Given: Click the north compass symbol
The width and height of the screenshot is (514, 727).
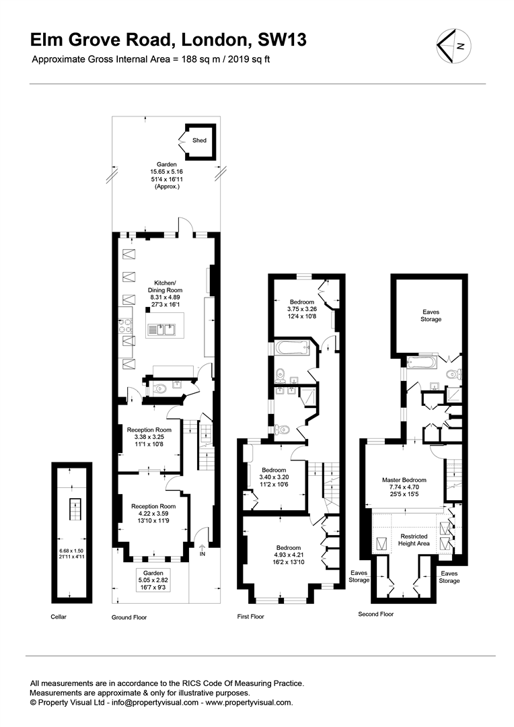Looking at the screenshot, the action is (454, 46).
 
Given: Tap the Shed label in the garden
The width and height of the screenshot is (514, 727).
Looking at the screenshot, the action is (199, 140).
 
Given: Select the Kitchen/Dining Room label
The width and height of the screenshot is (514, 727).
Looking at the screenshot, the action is (165, 287).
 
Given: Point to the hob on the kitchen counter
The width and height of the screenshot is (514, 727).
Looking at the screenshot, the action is (126, 325).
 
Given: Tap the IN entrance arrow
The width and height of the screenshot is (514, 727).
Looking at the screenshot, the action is (202, 551).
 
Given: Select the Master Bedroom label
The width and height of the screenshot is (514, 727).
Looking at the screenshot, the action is (404, 480).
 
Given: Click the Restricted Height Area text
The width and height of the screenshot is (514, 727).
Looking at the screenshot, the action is (414, 540).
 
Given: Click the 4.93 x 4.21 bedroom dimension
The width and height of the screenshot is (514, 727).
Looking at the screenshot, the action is (289, 555).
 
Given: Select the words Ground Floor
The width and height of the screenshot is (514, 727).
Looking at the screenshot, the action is (129, 617).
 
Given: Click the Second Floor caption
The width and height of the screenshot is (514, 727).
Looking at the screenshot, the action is (376, 614).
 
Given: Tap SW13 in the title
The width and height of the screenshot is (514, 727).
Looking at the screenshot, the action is (282, 40).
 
